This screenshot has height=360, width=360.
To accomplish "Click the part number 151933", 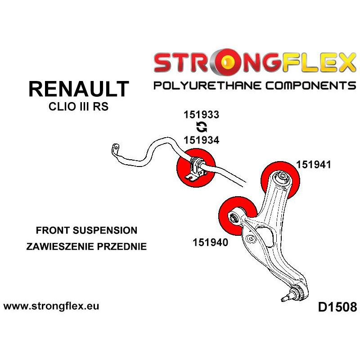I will point(201,114).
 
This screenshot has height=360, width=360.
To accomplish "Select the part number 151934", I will point(201,140).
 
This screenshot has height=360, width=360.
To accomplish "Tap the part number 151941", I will point(314,165).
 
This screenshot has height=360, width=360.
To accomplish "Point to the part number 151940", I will point(211,243).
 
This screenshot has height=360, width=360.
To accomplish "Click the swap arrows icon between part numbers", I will point(201,127).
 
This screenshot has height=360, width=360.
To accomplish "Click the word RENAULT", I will point(79,89).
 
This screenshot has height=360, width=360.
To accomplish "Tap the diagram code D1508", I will point(337,308).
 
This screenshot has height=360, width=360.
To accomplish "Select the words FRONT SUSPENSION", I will point(86,230).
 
